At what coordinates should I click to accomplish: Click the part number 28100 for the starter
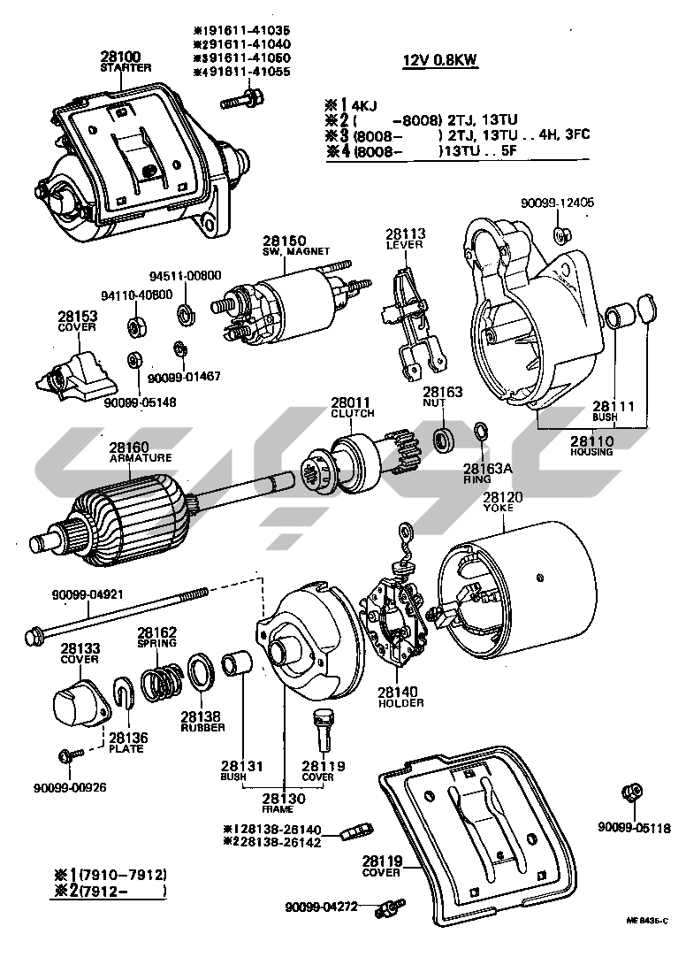click(x=125, y=56)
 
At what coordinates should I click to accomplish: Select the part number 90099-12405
click(x=557, y=203)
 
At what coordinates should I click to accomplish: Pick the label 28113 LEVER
click(x=405, y=238)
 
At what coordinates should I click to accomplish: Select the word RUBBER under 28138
click(x=203, y=727)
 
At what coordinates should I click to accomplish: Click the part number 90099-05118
click(x=634, y=828)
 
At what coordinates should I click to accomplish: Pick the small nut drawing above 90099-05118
click(x=631, y=792)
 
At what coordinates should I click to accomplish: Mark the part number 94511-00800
click(x=185, y=275)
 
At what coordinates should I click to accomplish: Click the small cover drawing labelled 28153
click(x=78, y=372)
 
